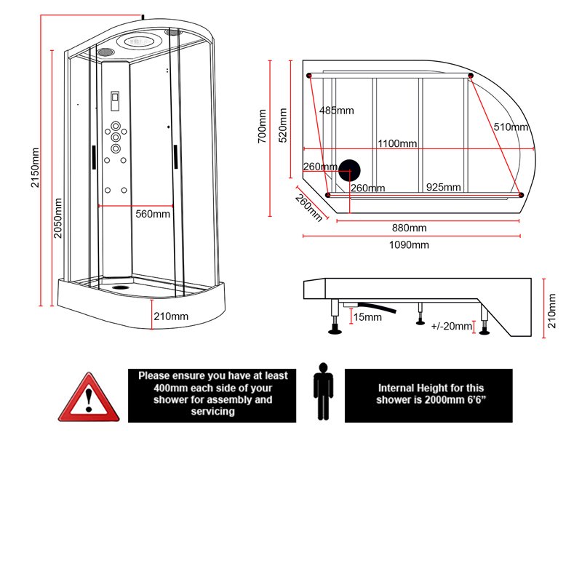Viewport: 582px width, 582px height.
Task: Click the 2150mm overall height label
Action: [35, 167]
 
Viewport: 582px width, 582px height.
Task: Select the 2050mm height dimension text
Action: [59, 218]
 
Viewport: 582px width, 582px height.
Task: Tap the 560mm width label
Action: [153, 214]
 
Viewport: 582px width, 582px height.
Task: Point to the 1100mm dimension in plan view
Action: [397, 143]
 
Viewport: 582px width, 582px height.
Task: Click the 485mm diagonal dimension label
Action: [336, 111]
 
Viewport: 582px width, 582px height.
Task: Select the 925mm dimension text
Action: [444, 187]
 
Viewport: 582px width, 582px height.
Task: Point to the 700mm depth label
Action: [263, 127]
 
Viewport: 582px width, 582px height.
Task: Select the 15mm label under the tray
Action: [367, 317]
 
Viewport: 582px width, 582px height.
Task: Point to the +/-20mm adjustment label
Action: [452, 326]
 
